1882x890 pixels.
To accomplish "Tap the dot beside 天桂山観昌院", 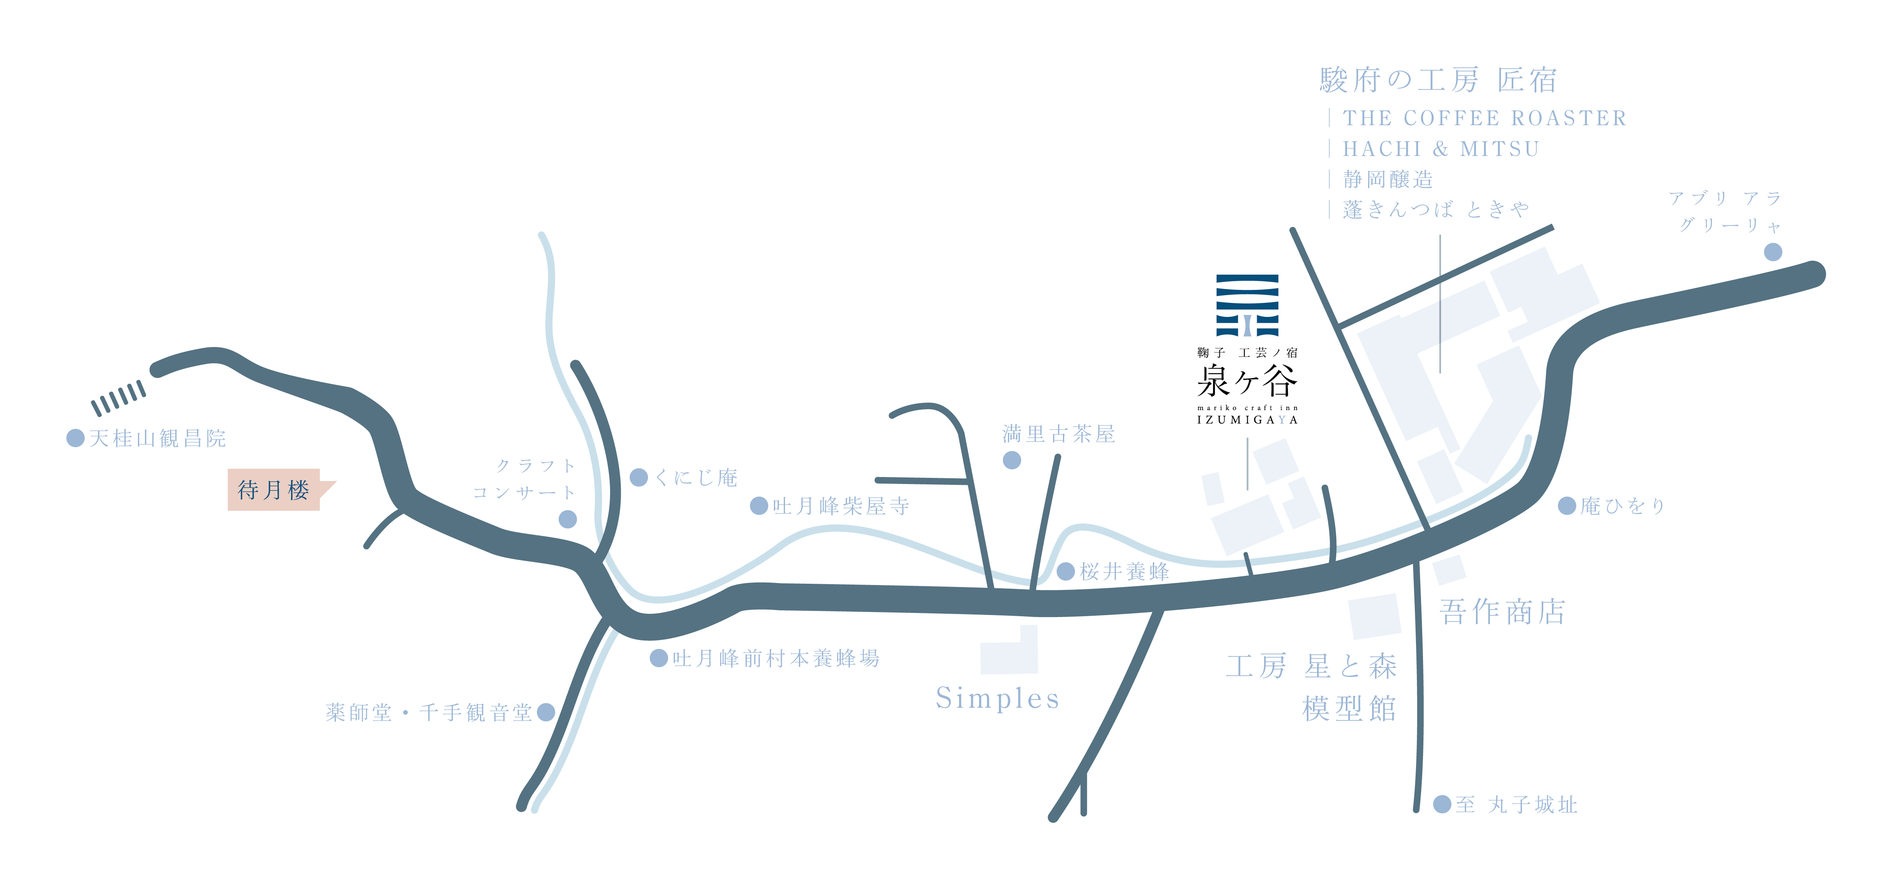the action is click(x=75, y=438).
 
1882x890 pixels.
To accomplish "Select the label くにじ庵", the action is click(x=696, y=477).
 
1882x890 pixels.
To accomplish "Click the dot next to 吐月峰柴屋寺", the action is click(x=759, y=506).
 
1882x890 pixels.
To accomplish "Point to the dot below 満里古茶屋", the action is click(x=1012, y=460).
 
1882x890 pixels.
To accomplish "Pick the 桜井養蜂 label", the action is click(x=1125, y=571).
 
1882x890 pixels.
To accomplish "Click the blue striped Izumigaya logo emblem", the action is click(x=1247, y=305).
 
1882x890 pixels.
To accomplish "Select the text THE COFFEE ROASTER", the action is click(x=1485, y=118).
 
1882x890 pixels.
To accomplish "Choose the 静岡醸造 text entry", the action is click(x=1388, y=179).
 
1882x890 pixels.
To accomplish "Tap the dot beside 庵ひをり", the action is click(x=1567, y=506).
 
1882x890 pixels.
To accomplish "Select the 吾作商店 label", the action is click(x=1502, y=612).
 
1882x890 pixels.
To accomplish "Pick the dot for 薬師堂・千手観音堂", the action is click(x=546, y=712).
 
